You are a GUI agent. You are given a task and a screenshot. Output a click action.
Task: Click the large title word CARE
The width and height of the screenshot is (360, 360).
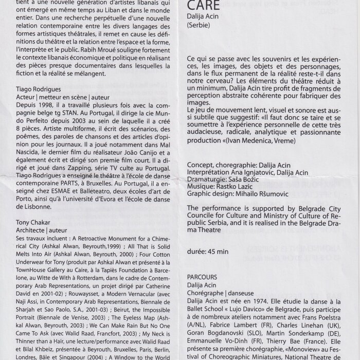(x=206, y=6)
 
